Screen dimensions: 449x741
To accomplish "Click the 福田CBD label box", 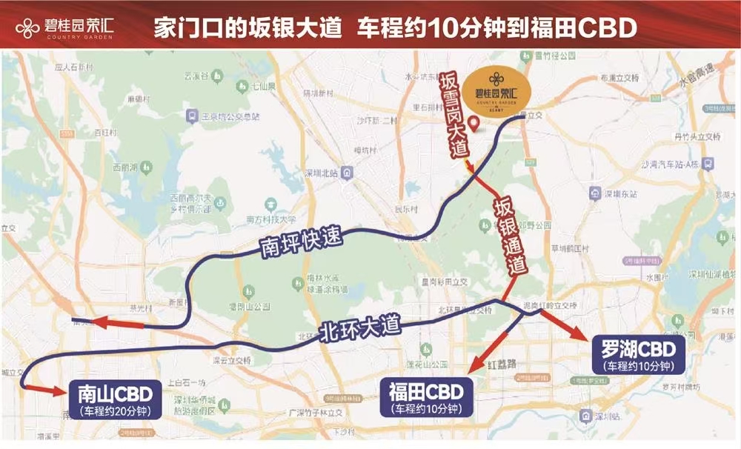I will (x=421, y=397).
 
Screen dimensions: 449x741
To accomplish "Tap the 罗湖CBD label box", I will (x=637, y=355).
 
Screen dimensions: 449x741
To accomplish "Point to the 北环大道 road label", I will (x=359, y=326).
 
